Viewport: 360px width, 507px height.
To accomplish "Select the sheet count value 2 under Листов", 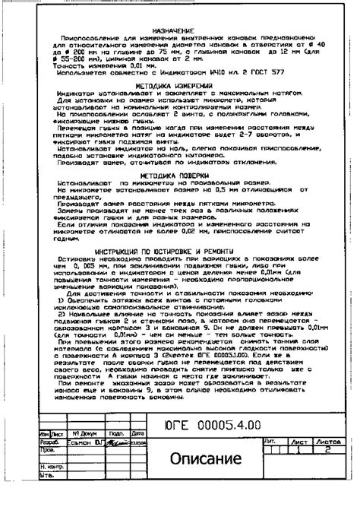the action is click(328, 449).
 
